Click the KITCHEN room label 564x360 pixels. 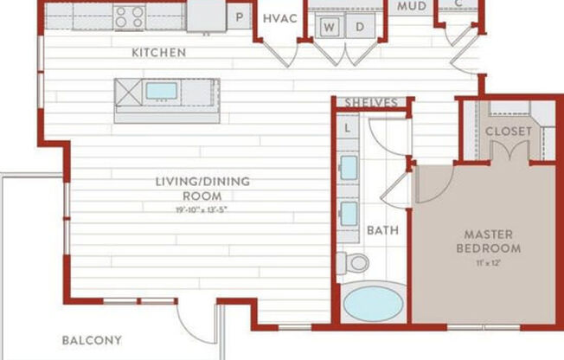click(x=158, y=53)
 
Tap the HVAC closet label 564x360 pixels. click(x=281, y=18)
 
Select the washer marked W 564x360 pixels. click(x=330, y=26)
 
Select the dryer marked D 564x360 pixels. click(x=360, y=26)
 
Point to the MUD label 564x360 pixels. click(x=411, y=6)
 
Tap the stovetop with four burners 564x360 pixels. click(x=131, y=16)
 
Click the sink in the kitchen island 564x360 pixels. click(x=161, y=91)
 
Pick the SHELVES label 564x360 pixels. click(x=371, y=102)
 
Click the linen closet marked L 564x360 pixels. click(x=348, y=128)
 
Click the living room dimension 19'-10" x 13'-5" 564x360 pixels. click(x=202, y=209)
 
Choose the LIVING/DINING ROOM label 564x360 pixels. click(x=202, y=188)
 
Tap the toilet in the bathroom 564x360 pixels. click(x=353, y=262)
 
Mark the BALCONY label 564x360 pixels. click(x=91, y=340)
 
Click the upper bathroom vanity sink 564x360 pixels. click(x=349, y=167)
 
